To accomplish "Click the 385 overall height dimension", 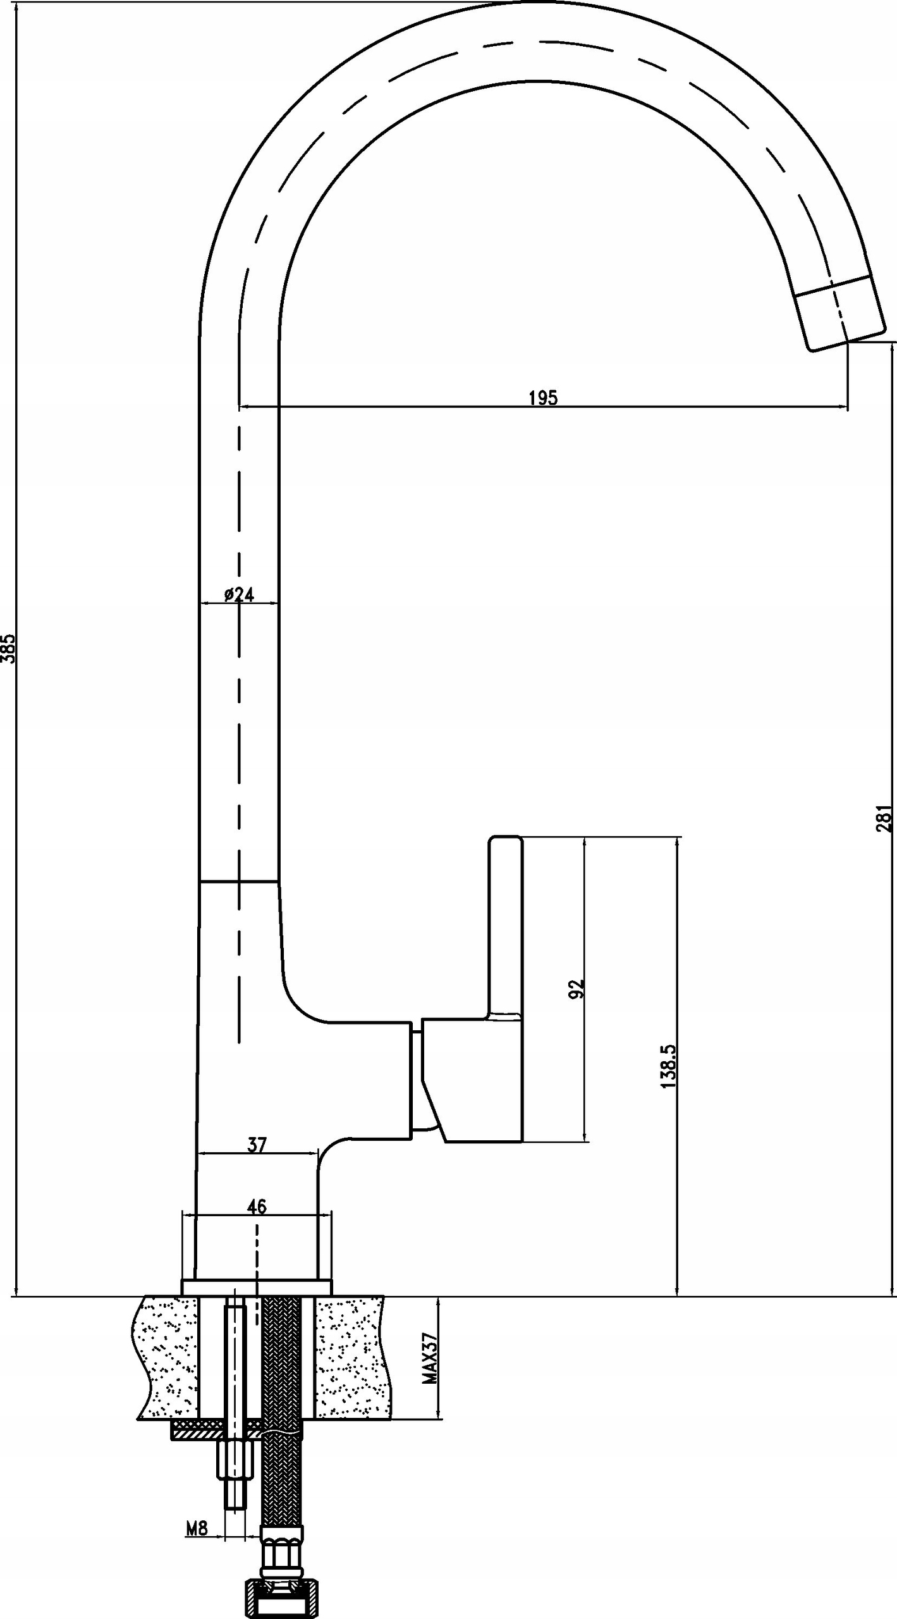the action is pos(8,648).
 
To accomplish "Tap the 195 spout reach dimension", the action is pos(543,398).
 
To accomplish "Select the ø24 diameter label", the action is pos(239,594).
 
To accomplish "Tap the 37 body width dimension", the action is pos(257,1144).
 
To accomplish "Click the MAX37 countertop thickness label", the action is pos(430,1349).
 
